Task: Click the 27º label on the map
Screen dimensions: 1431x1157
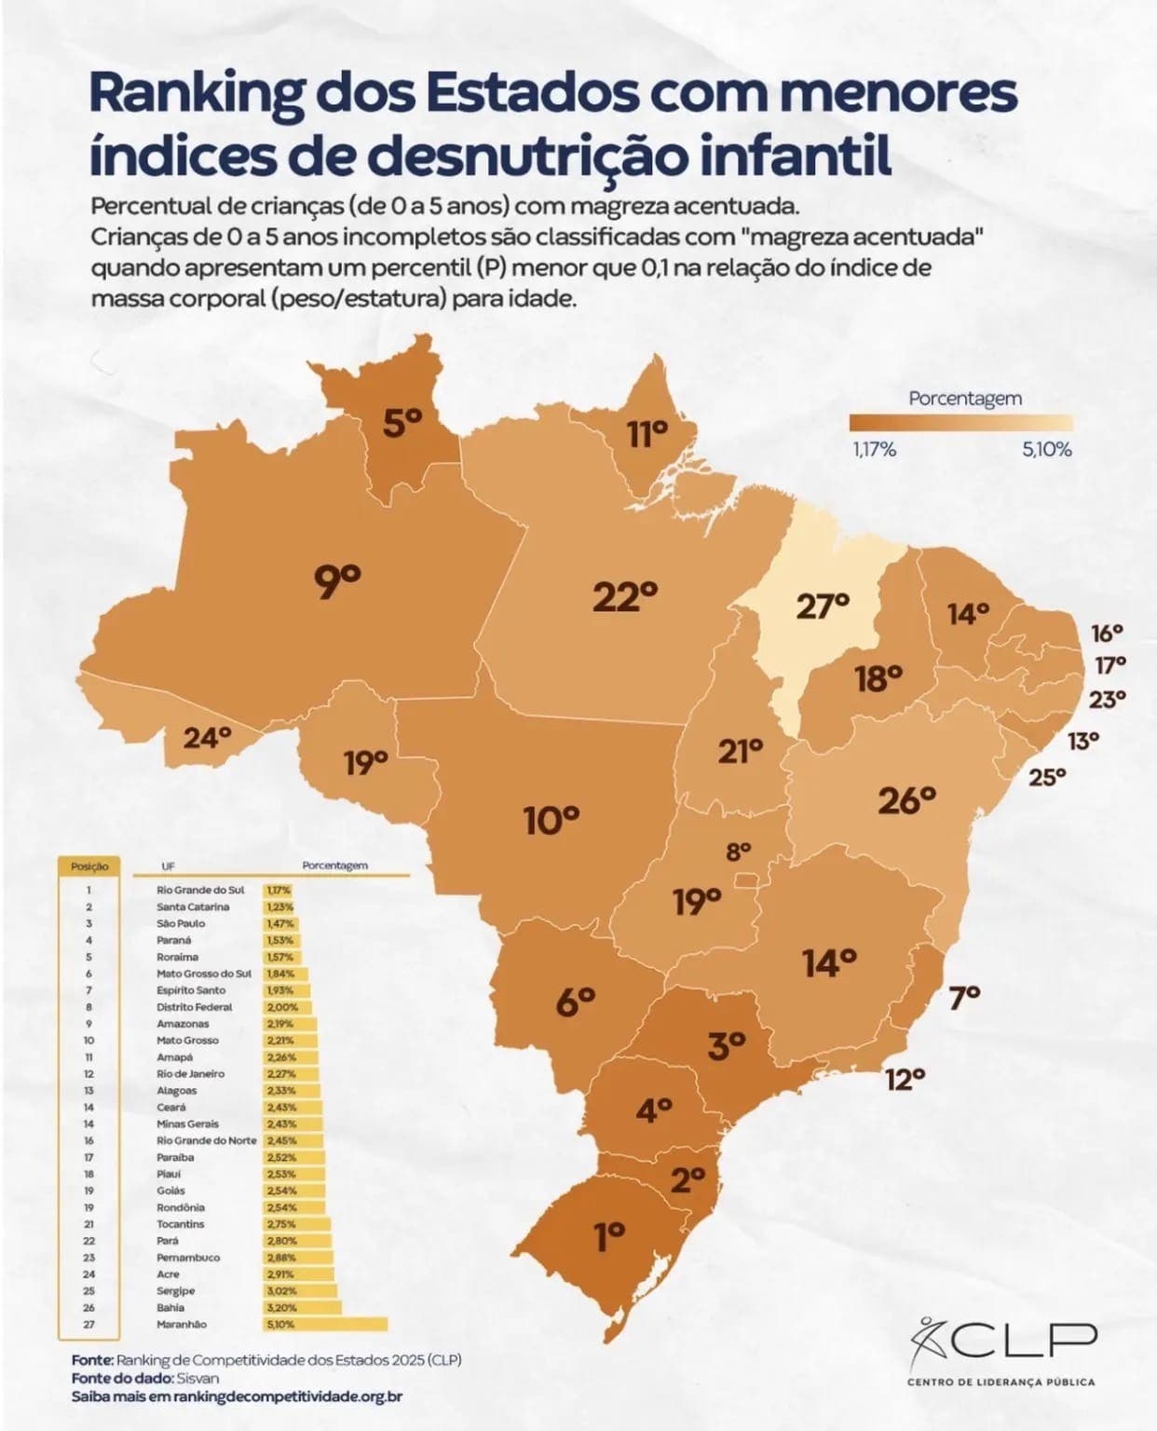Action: tap(823, 606)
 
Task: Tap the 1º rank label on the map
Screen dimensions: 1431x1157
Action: tap(609, 1237)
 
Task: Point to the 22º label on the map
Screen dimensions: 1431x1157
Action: tap(625, 596)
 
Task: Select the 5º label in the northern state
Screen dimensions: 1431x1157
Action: tap(402, 424)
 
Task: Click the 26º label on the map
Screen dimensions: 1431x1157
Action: tap(905, 799)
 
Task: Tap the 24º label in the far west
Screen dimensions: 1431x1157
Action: tap(206, 738)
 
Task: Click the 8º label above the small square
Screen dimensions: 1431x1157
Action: tap(738, 851)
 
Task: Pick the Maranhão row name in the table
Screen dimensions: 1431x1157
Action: tap(183, 1324)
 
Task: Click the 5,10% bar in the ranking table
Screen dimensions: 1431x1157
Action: tap(325, 1324)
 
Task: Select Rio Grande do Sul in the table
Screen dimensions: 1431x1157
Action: tap(200, 890)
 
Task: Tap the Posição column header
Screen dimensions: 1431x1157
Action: tap(89, 865)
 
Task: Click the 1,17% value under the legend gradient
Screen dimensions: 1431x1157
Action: tap(874, 450)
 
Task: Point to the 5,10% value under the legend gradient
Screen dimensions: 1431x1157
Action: tap(1046, 450)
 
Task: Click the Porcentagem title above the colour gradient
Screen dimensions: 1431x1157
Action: tap(965, 398)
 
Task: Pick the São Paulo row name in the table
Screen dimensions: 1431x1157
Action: tap(181, 923)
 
